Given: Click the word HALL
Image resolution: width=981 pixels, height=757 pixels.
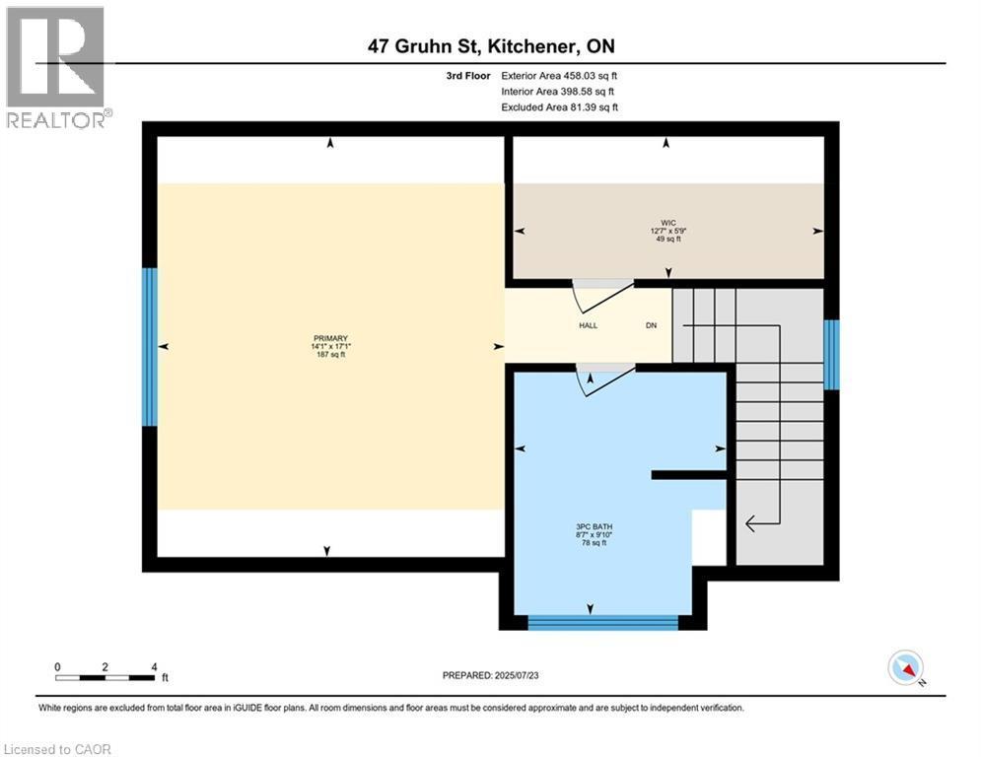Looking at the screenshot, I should click(x=589, y=325).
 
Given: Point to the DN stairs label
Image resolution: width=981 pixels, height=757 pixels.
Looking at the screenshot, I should click(x=651, y=325).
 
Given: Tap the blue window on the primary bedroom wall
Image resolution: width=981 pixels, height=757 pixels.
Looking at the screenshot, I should click(x=149, y=347).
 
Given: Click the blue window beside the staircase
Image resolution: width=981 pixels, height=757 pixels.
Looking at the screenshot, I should click(x=831, y=355).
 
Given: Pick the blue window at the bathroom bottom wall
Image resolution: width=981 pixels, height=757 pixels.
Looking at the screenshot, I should click(x=602, y=622).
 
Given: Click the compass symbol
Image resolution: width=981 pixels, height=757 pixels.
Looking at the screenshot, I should click(x=905, y=668).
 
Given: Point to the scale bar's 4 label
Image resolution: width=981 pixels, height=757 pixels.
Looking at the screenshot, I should click(x=153, y=666).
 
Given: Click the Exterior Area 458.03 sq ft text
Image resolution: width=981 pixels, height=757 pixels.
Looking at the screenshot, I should click(x=559, y=75).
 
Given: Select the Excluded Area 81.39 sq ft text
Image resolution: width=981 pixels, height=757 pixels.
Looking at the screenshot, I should click(x=559, y=106).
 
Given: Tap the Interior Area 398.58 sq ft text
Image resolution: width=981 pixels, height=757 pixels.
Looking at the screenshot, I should click(x=559, y=91).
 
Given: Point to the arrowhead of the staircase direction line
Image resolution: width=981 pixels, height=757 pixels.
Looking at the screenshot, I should click(x=749, y=523).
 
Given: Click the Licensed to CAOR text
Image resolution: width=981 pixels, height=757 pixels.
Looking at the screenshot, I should click(x=57, y=749).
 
